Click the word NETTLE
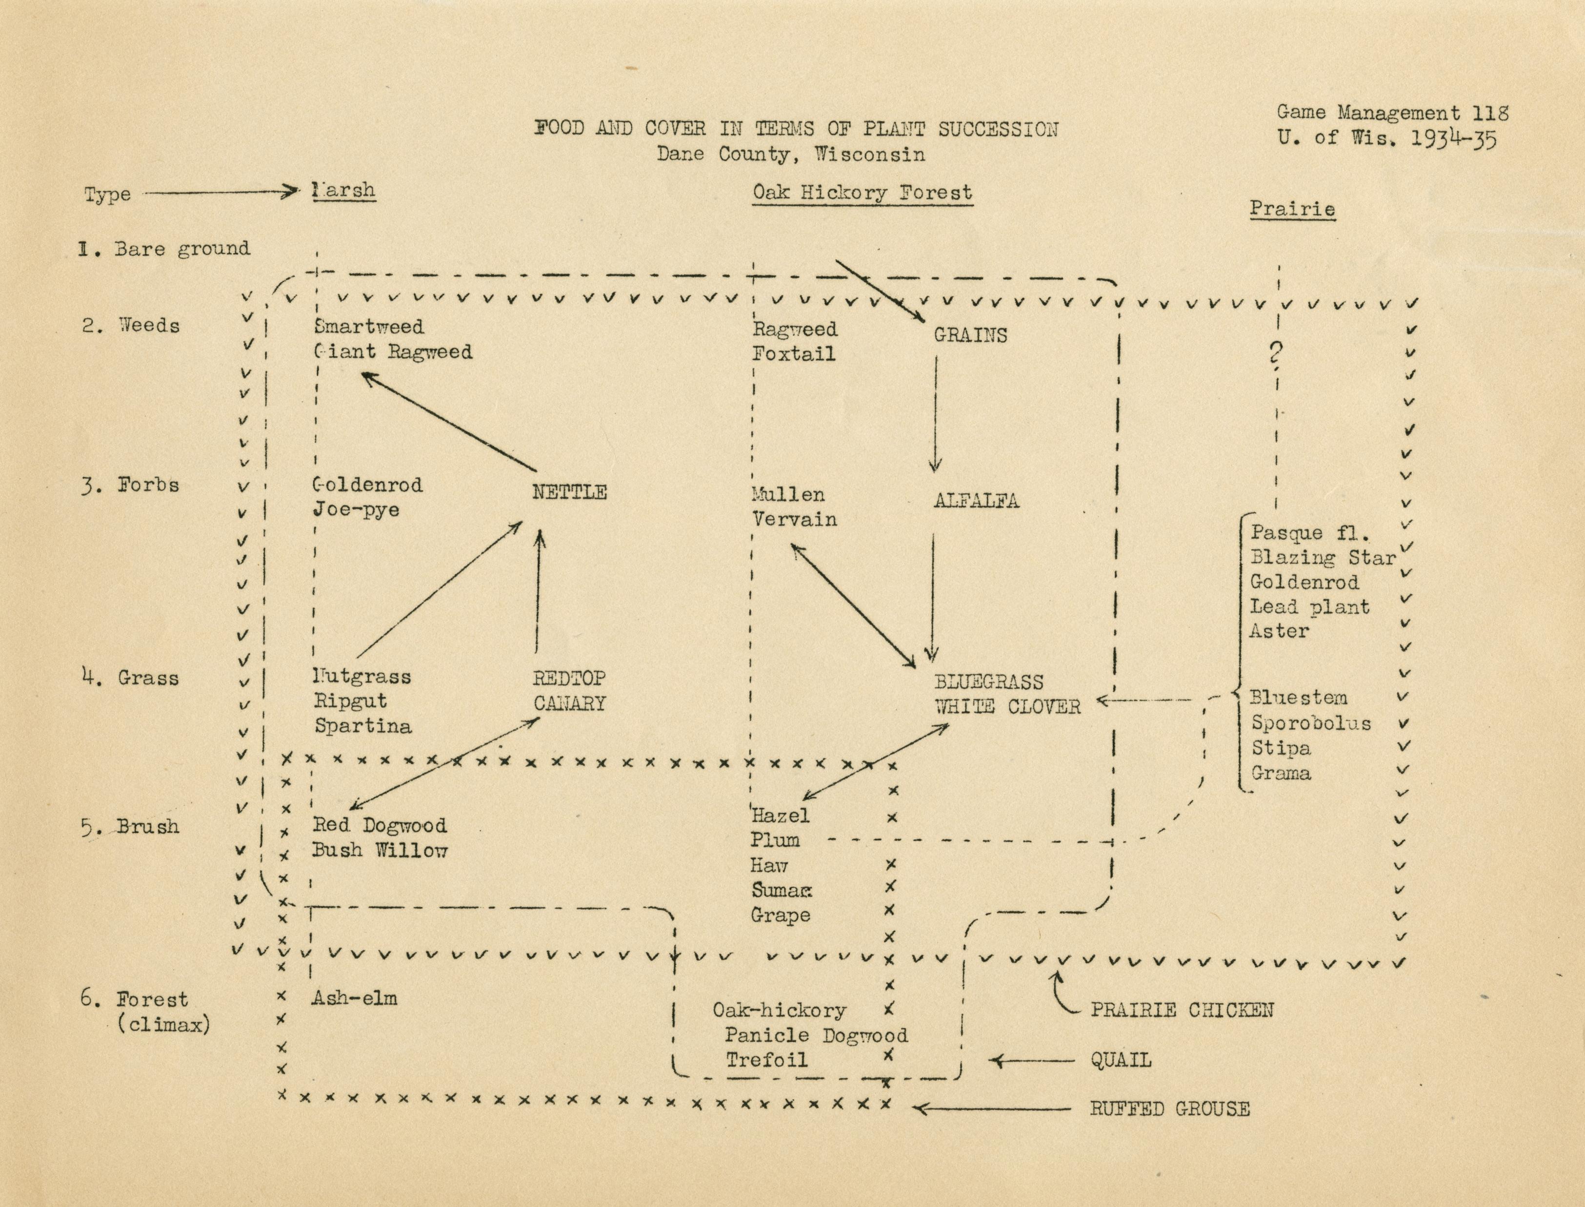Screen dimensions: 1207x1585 (x=569, y=492)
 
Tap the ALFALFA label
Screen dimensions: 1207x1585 (x=976, y=501)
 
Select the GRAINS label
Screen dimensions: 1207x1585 (x=970, y=335)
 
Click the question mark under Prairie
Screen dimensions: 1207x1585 (x=1276, y=353)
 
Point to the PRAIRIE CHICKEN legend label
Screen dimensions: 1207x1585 (x=1182, y=1010)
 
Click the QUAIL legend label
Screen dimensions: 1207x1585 (x=1121, y=1060)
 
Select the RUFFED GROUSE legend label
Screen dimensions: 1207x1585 (x=1169, y=1109)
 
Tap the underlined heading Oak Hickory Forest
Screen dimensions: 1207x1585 (x=862, y=193)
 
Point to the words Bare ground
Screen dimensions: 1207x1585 (x=182, y=249)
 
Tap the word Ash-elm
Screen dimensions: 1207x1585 (x=354, y=998)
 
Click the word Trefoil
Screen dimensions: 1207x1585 (x=766, y=1060)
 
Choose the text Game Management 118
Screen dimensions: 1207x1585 (x=1392, y=113)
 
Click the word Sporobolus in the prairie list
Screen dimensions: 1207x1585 (x=1310, y=723)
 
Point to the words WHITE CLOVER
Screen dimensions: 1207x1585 (x=1007, y=707)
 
